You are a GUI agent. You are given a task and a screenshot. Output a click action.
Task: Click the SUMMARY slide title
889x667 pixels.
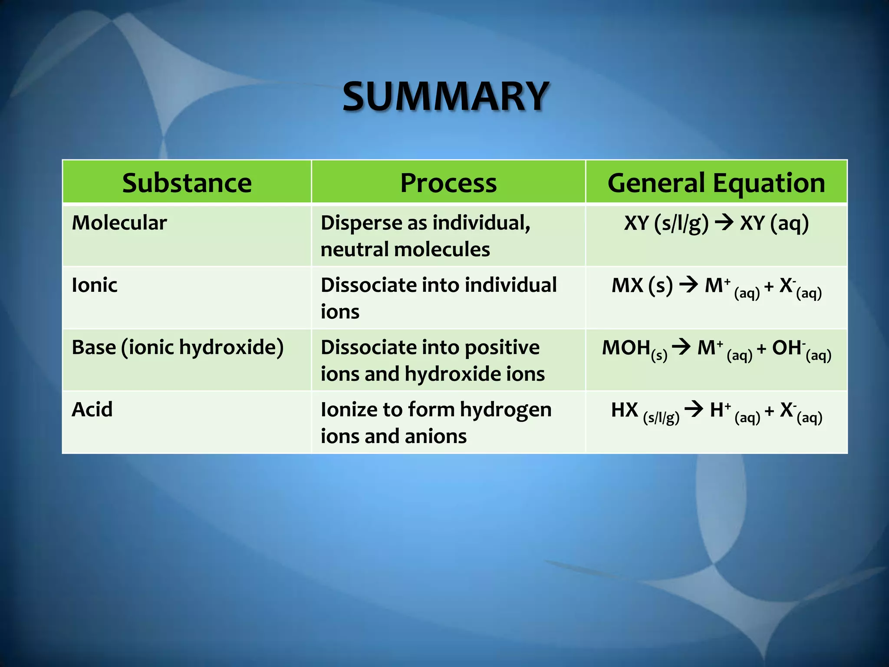(x=446, y=96)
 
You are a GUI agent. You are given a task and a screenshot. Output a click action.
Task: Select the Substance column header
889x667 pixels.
(x=187, y=183)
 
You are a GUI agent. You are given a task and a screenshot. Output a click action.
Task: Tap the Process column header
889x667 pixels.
(x=448, y=183)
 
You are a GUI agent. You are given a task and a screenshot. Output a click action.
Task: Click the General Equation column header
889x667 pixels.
(x=716, y=183)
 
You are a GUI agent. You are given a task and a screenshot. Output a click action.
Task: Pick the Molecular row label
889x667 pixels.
(x=119, y=223)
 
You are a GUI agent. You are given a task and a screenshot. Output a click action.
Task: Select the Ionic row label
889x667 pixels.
(x=95, y=285)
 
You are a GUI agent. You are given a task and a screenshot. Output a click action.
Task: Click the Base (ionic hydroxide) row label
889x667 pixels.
(x=178, y=347)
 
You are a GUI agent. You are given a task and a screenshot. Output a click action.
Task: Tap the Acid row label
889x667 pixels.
(x=92, y=409)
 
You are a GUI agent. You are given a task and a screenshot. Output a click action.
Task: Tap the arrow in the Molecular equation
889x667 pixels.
(x=724, y=223)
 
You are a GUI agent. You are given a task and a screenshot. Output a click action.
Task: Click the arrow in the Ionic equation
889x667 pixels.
(x=688, y=285)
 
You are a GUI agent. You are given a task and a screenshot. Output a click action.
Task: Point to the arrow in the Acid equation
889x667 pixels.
(x=694, y=409)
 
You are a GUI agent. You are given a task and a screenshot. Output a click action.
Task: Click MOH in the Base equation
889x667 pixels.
(x=626, y=348)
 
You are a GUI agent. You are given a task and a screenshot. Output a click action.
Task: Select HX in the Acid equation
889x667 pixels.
(x=624, y=410)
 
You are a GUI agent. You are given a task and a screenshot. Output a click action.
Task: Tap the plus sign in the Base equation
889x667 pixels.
(x=761, y=349)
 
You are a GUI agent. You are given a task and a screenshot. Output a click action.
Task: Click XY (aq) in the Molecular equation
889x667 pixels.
(x=774, y=223)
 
